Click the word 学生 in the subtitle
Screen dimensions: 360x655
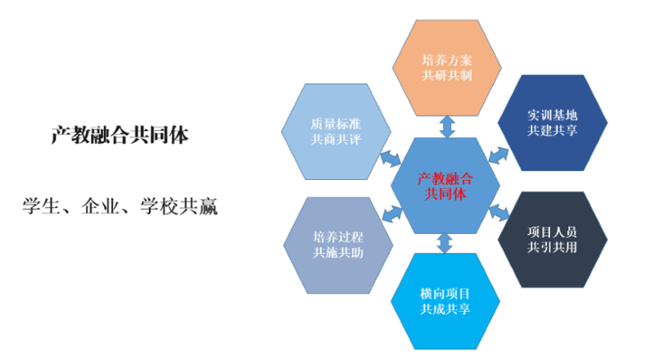point(42,205)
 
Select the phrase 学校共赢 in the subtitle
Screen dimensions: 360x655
point(179,205)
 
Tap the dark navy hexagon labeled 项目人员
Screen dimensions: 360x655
point(553,237)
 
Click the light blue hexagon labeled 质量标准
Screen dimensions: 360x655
point(336,131)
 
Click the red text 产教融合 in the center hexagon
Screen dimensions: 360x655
point(445,178)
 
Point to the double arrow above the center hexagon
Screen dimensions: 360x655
point(446,126)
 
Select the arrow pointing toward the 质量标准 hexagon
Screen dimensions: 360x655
point(390,155)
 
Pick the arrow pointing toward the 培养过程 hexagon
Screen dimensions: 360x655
point(392,214)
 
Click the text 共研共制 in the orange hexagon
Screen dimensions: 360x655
point(446,76)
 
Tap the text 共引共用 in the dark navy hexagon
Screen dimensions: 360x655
point(553,246)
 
